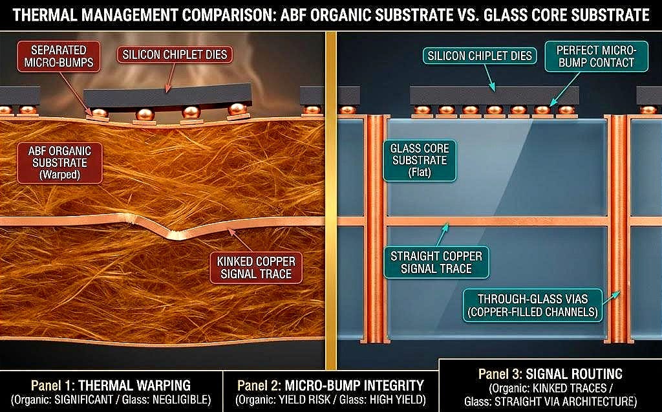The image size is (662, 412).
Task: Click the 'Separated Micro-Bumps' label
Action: [59, 56]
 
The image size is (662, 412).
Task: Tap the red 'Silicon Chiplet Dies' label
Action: [175, 54]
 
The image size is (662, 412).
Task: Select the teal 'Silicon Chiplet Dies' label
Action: [480, 56]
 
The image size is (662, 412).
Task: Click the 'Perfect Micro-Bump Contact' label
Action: [596, 56]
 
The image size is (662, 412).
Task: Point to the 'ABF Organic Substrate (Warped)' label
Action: [59, 163]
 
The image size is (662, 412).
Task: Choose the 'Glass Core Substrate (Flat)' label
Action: [420, 160]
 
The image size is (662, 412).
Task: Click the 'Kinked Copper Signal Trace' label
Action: [256, 268]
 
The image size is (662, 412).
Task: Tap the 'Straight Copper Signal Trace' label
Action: [436, 263]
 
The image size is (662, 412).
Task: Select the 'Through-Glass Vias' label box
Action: [533, 305]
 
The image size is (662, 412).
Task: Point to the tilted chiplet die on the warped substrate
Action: [167, 97]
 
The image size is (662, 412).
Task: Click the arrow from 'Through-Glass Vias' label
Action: [611, 298]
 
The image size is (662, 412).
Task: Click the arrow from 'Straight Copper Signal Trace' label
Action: [442, 235]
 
